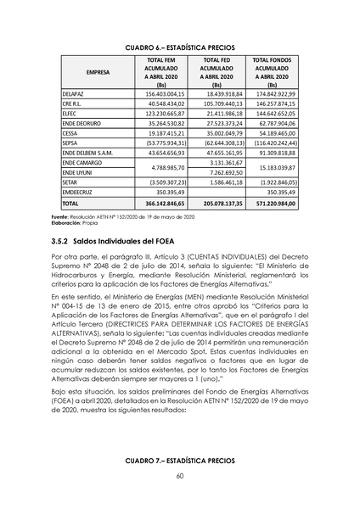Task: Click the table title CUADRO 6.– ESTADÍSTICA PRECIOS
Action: pyautogui.click(x=179, y=46)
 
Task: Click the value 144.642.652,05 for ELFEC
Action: pyautogui.click(x=272, y=112)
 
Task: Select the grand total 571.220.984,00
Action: pyautogui.click(x=271, y=204)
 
